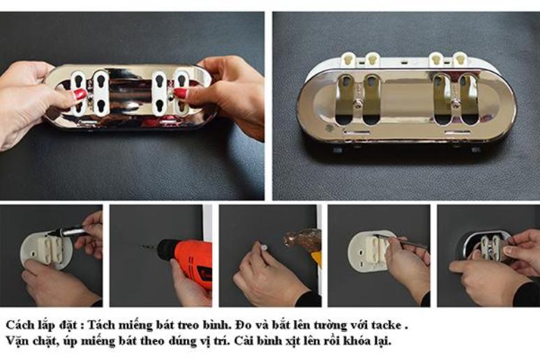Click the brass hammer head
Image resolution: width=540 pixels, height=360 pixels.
click(302, 240)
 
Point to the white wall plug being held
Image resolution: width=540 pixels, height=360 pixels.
click(264, 248)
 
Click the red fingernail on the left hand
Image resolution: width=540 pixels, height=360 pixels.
click(80, 94)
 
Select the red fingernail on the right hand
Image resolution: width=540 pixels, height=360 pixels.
click(181, 93)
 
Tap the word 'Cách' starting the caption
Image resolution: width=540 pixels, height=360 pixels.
click(20, 325)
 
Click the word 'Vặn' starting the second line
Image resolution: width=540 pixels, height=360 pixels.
click(17, 341)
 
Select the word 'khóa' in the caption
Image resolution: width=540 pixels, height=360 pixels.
click(357, 341)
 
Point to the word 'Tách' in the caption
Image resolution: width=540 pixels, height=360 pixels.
click(101, 325)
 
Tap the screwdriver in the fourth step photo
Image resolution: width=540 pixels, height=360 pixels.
click(400, 241)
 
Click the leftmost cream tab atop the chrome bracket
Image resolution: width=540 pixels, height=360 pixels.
click(347, 59)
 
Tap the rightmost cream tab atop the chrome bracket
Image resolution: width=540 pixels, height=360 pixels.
click(459, 59)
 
